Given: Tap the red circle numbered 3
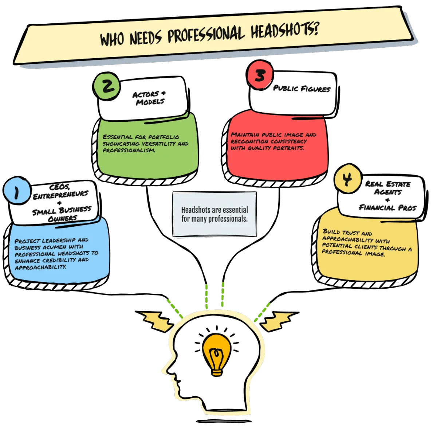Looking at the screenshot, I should pyautogui.click(x=260, y=75).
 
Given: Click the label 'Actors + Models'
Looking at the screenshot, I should pyautogui.click(x=148, y=98).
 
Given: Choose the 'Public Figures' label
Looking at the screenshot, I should pyautogui.click(x=302, y=88).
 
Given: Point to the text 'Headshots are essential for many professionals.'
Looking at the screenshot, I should pyautogui.click(x=214, y=214).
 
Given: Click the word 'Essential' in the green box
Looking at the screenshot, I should pyautogui.click(x=116, y=137).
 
